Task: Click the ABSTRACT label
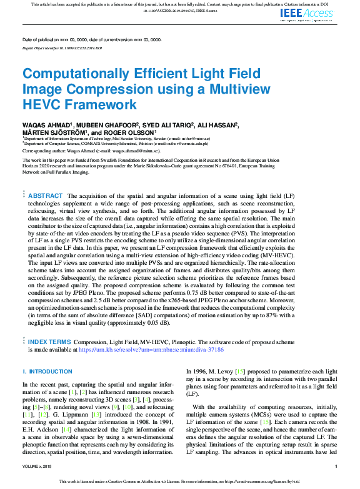(x=46, y=196)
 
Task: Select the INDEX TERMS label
(x=49, y=342)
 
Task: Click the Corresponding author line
(x=91, y=151)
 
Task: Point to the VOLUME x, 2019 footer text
(x=39, y=467)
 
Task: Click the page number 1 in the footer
(x=336, y=467)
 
